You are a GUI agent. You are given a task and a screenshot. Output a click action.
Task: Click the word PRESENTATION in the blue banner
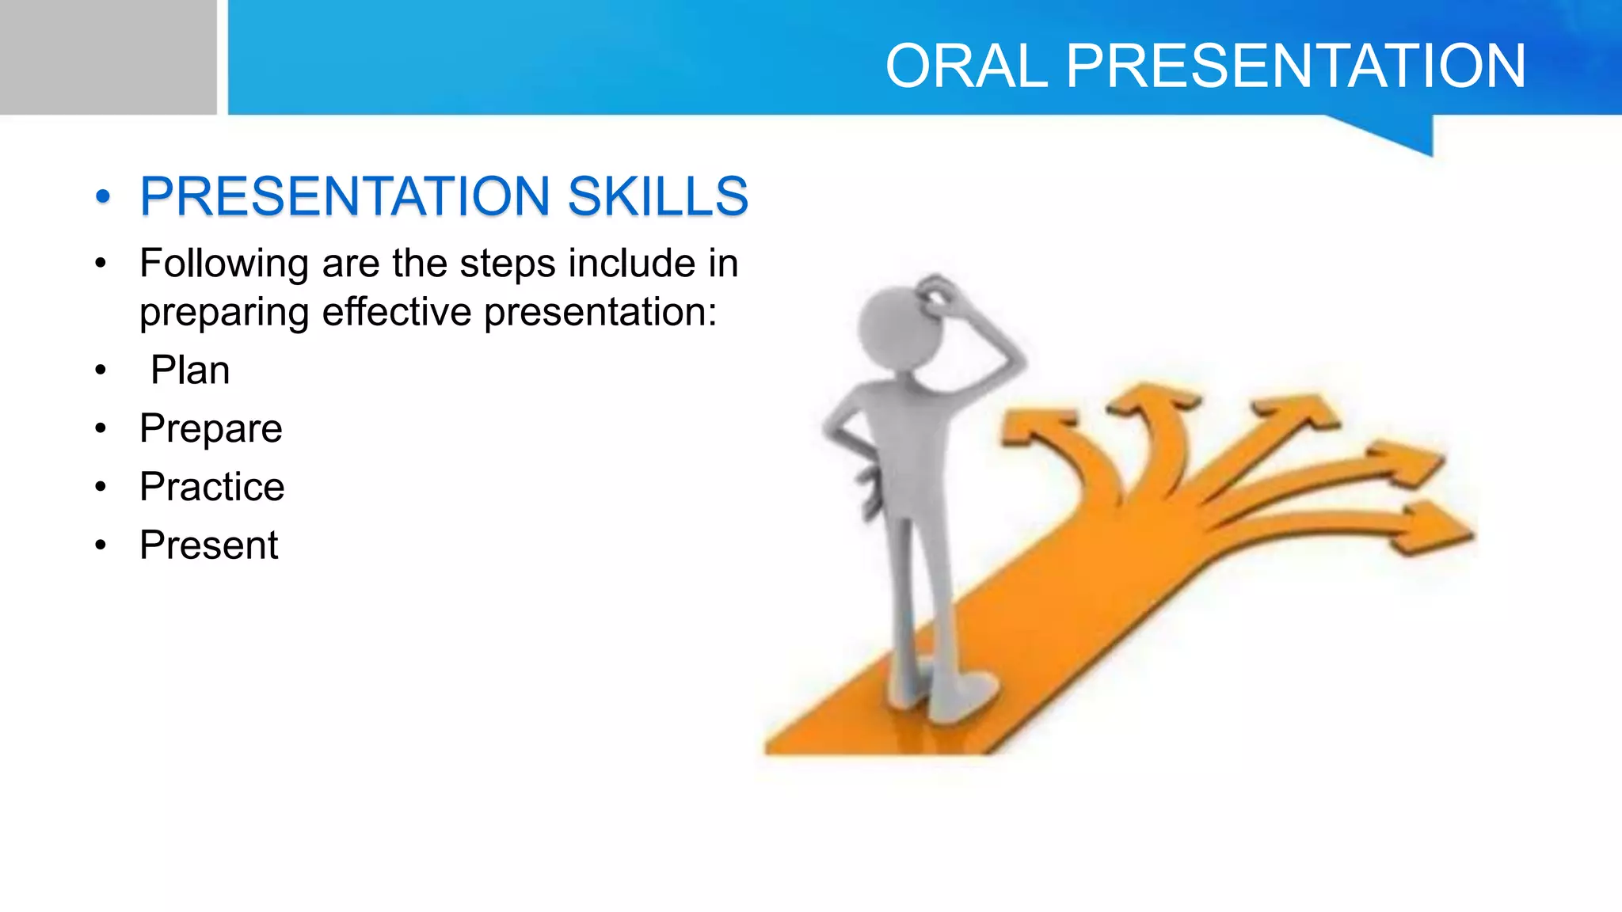(1296, 66)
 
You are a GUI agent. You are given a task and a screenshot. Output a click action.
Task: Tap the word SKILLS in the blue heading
(657, 196)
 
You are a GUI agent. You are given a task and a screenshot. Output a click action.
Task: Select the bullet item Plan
(190, 370)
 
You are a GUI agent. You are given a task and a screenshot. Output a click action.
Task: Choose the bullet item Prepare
(211, 428)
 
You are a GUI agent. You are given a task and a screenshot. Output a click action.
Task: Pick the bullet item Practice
(211, 486)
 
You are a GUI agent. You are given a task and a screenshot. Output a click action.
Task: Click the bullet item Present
(208, 545)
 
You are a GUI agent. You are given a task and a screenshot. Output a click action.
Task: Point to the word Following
(223, 264)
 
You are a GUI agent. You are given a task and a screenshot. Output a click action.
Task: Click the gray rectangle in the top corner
(108, 57)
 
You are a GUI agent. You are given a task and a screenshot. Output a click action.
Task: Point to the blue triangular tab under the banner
(1402, 133)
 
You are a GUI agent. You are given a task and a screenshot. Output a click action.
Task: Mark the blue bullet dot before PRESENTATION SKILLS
(102, 196)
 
